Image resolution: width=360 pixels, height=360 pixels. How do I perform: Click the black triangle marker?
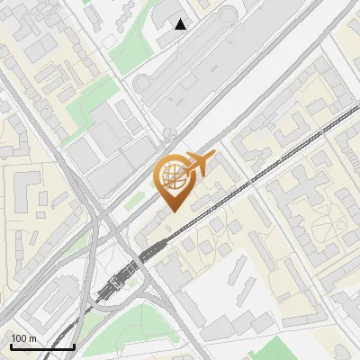pyautogui.click(x=181, y=24)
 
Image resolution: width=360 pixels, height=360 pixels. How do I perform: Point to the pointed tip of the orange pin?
pyautogui.click(x=172, y=211)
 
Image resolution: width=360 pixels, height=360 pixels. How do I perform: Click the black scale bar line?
pyautogui.click(x=42, y=346)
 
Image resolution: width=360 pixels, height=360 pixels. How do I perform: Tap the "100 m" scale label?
pyautogui.click(x=24, y=338)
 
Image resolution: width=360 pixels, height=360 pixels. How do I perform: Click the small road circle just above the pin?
pyautogui.click(x=169, y=134)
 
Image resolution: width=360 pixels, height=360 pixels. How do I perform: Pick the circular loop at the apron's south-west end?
pyautogui.click(x=144, y=84)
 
